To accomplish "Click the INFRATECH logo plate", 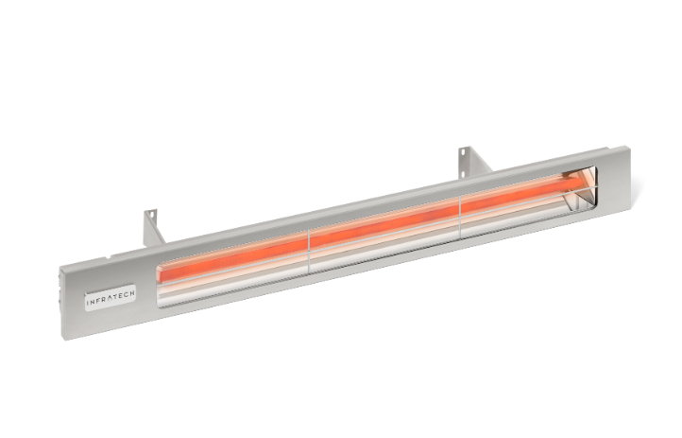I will point(110,296).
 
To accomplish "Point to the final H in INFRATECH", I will point(132,292).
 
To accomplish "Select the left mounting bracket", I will point(154,228).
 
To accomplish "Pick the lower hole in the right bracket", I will point(466,168).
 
